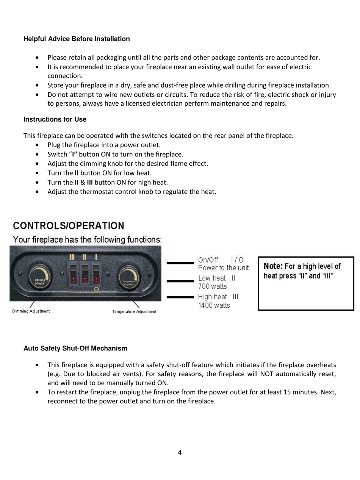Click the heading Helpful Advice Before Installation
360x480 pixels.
[x=77, y=39]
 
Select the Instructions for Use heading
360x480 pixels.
[x=55, y=119]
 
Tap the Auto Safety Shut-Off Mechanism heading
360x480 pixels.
[x=75, y=349]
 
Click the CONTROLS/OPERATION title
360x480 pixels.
[x=69, y=226]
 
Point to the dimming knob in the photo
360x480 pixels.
[x=40, y=277]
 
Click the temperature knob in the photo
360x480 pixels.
[x=129, y=277]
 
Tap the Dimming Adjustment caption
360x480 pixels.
[x=31, y=311]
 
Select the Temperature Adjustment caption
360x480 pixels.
[x=134, y=312]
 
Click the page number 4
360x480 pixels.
[x=180, y=452]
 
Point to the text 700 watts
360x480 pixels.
[x=213, y=286]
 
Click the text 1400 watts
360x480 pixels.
[x=214, y=305]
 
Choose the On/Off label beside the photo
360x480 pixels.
[x=208, y=260]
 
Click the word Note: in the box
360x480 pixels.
[x=273, y=266]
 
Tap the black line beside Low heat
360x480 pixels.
[x=180, y=281]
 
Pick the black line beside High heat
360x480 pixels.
[x=180, y=297]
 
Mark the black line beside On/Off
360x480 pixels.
[x=180, y=263]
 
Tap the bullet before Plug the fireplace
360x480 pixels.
[x=37, y=145]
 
